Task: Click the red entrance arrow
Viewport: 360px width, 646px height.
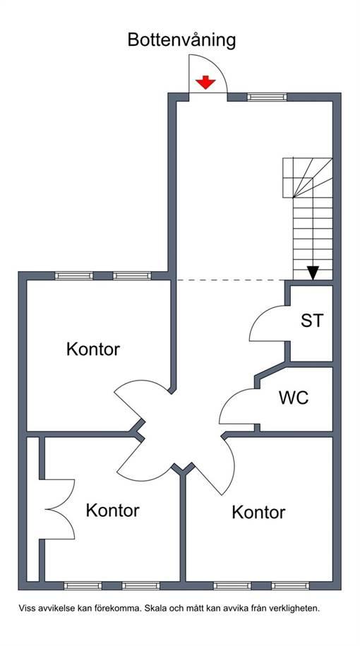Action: (x=205, y=82)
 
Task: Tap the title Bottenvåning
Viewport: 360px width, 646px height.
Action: (x=181, y=41)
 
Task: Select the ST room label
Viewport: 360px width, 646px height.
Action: (x=312, y=321)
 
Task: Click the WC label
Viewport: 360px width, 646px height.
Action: (x=294, y=398)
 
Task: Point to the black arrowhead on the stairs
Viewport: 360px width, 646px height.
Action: (x=313, y=273)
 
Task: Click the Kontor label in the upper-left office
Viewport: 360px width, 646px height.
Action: (x=93, y=349)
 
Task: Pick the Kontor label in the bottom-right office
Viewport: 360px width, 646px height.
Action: (x=258, y=512)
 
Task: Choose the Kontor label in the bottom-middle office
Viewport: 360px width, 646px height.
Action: (x=112, y=510)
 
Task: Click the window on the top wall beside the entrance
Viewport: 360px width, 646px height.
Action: (x=267, y=97)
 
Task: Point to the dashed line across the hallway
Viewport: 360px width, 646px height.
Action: (x=231, y=280)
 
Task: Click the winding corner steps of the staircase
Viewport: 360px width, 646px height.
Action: (x=307, y=178)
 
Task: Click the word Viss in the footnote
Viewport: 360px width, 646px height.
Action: (x=26, y=608)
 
